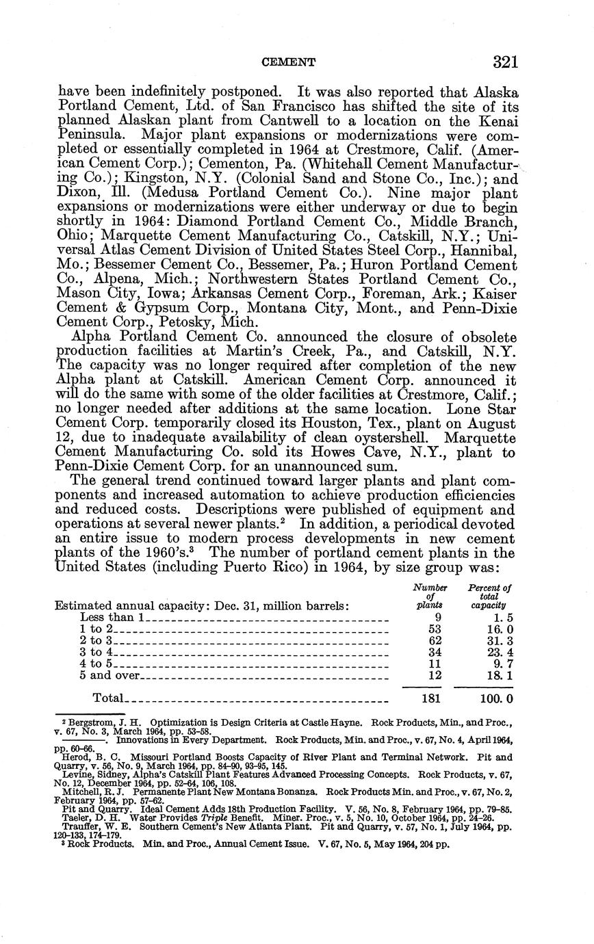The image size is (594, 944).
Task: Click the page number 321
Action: point(505,62)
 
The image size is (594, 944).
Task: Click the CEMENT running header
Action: point(289,63)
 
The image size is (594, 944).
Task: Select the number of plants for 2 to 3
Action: point(430,640)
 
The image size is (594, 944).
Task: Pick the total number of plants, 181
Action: point(430,698)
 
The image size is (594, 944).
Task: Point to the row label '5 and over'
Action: point(109,675)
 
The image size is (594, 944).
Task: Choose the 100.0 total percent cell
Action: point(496,698)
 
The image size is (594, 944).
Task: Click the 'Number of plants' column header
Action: point(430,596)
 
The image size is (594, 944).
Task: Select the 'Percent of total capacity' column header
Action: point(489,596)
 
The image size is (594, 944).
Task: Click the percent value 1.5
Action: point(502,617)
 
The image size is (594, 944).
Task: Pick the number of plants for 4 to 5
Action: point(430,664)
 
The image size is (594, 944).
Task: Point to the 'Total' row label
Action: point(107,698)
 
